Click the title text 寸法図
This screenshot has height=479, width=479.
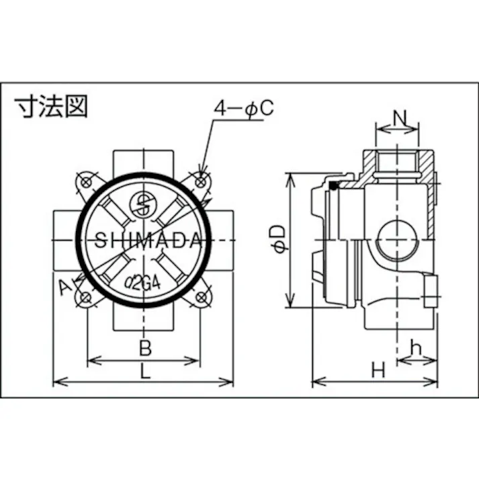point(51,107)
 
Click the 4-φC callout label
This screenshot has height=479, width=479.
point(243,109)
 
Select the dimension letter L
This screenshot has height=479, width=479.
point(145,371)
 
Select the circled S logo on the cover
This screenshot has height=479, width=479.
point(142,204)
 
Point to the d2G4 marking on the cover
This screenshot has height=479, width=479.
point(142,280)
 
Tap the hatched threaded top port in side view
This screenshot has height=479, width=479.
point(398,163)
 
